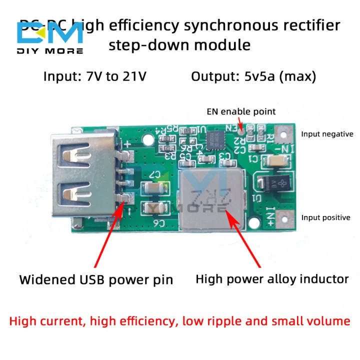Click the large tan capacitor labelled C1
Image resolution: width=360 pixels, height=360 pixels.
[275, 160]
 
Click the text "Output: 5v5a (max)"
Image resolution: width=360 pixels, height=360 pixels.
[253, 76]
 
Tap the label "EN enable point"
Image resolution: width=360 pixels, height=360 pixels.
[241, 111]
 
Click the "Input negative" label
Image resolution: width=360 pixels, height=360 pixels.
[327, 134]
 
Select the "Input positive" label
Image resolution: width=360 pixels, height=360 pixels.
[325, 217]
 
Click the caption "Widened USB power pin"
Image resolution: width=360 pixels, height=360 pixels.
[96, 279]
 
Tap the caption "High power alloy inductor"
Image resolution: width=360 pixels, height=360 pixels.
[272, 278]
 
